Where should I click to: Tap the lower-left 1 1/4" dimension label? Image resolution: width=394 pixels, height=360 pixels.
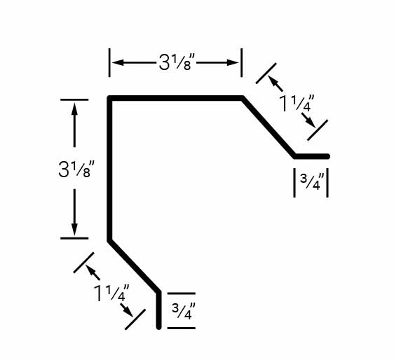pos(111,293)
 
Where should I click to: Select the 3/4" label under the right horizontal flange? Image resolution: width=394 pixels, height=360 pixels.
pos(311,182)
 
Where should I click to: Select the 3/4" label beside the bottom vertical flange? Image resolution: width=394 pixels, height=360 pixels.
pos(184,311)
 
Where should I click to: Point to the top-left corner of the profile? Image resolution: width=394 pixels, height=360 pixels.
pos(109,98)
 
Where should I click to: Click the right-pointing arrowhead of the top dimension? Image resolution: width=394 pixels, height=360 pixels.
pos(233,62)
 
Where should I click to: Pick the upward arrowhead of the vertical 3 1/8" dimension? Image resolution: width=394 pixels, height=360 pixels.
pos(74,109)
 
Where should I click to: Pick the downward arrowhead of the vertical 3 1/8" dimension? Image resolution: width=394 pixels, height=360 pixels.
pos(74,230)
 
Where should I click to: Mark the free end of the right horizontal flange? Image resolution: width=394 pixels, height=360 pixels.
pos(327,156)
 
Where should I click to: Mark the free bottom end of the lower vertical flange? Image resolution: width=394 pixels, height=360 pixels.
pos(159,327)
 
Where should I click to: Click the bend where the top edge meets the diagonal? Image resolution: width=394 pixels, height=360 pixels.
pos(243,98)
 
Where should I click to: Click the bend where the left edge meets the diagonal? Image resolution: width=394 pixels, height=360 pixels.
pos(109,240)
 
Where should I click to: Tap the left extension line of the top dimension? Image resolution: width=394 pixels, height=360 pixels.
pos(109,62)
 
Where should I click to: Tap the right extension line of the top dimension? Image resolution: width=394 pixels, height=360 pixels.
pos(241,62)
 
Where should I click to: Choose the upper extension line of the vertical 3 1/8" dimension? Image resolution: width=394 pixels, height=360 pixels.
pos(74,99)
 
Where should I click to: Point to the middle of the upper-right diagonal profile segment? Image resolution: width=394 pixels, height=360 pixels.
pos(269,127)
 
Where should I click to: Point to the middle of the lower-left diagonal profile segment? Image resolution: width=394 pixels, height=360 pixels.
pos(134,266)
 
